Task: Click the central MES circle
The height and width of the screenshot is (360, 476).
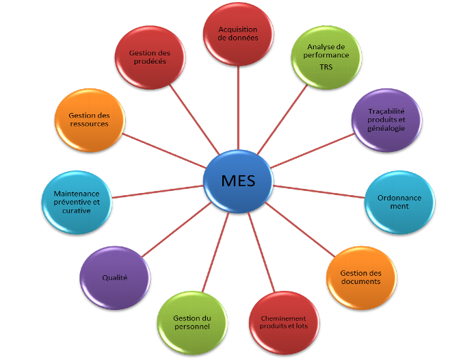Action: tap(238, 181)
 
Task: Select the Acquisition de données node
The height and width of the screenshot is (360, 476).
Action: tap(238, 34)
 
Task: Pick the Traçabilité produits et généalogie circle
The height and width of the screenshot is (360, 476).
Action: tap(386, 120)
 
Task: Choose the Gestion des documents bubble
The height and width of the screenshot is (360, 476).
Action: tap(360, 278)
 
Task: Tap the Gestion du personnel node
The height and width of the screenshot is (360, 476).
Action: tap(191, 322)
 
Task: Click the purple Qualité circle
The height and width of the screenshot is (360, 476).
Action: tap(115, 277)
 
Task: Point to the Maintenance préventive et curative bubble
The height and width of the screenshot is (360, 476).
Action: tap(77, 202)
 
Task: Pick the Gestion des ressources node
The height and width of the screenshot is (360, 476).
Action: tap(89, 120)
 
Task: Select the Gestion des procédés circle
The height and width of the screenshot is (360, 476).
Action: tap(149, 57)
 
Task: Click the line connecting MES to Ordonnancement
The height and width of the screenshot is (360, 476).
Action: tap(319, 192)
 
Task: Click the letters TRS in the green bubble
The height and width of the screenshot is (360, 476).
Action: tap(325, 67)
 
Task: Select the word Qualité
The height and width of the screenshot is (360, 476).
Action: tap(115, 277)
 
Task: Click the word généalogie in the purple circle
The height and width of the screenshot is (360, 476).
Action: tap(386, 128)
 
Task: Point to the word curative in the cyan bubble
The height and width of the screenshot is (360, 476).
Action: tap(77, 211)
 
